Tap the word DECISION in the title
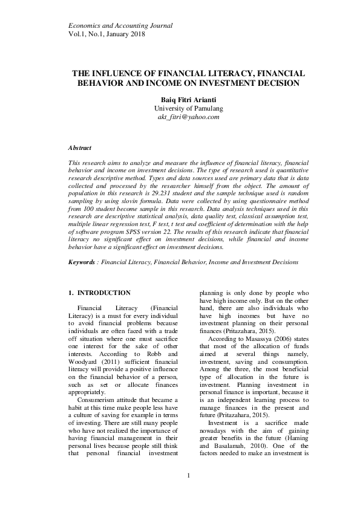point(270,83)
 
